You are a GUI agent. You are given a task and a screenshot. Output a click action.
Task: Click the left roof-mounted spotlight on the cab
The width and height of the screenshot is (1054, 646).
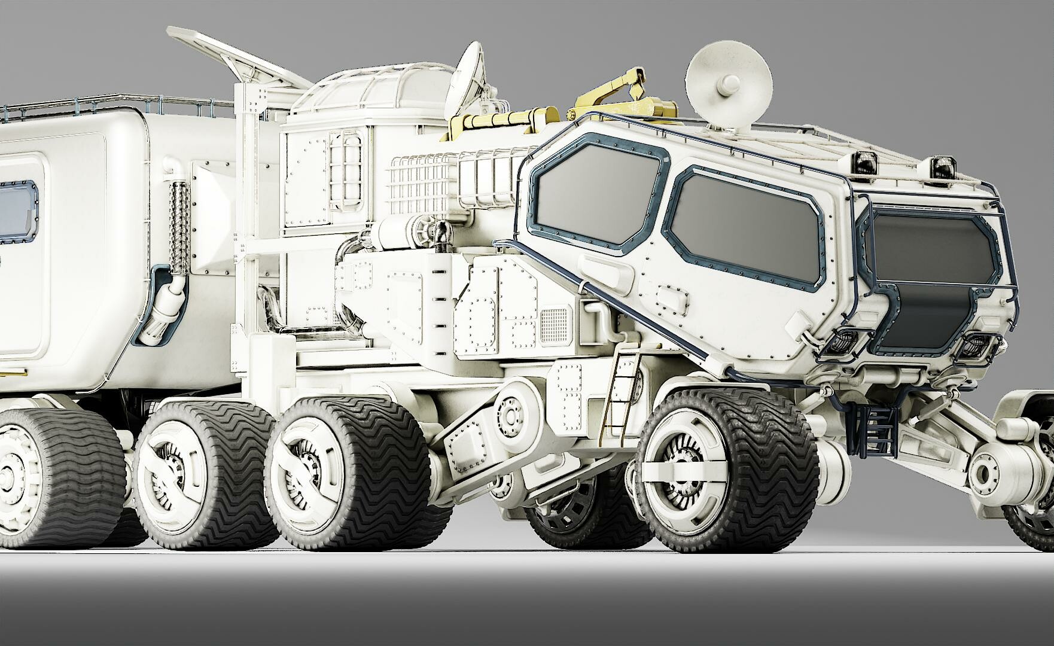point(866,161)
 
